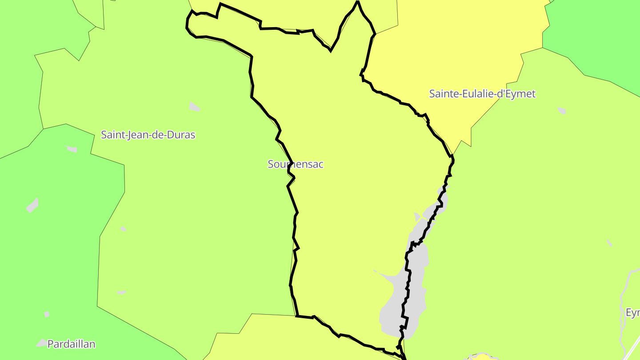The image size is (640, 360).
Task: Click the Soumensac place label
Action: click(x=296, y=164)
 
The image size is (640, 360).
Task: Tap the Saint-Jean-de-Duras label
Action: click(x=148, y=135)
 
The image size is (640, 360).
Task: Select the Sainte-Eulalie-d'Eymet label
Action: click(x=482, y=94)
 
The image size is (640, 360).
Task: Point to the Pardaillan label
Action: click(x=71, y=344)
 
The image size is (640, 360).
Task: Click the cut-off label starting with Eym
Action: click(x=632, y=312)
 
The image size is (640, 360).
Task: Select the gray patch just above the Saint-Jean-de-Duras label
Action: click(x=194, y=107)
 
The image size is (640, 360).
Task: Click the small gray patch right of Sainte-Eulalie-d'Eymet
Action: click(x=562, y=110)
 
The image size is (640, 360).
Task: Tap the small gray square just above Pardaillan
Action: click(x=47, y=314)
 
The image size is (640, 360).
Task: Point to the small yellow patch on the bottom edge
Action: click(x=482, y=356)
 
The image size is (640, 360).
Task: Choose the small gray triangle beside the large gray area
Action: click(x=417, y=216)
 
